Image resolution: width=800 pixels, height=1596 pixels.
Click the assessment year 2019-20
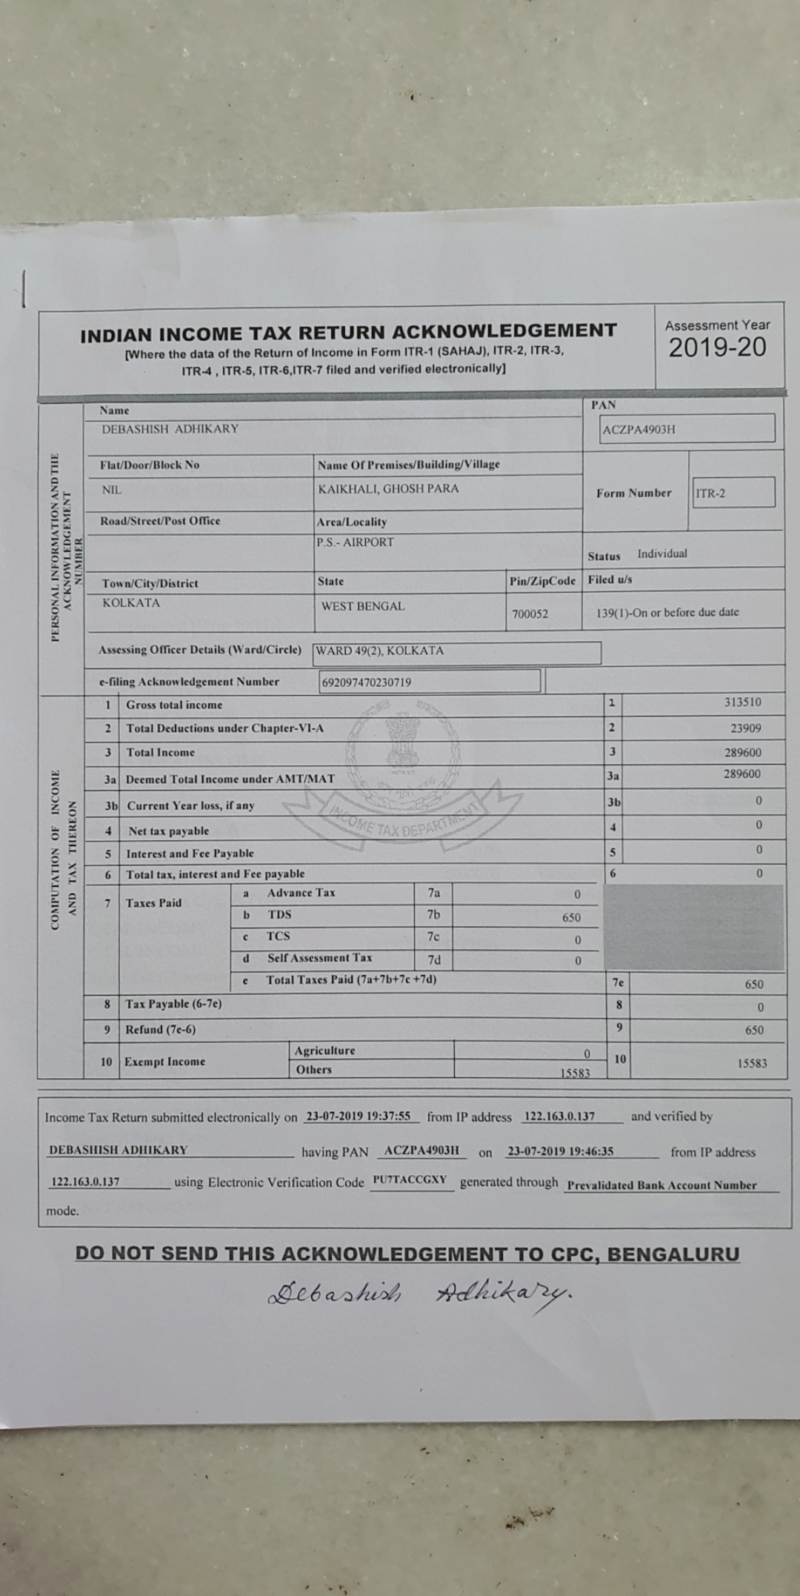point(717,348)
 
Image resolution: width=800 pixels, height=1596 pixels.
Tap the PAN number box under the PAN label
point(688,429)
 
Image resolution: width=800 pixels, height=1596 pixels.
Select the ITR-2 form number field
point(733,493)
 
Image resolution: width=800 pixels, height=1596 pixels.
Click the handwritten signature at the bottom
point(419,1293)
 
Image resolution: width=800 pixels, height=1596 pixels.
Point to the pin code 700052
point(530,614)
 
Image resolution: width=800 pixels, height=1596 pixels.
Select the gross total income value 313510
point(742,702)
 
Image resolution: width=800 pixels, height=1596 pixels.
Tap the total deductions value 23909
point(745,728)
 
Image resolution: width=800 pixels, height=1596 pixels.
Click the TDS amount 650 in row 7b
point(571,917)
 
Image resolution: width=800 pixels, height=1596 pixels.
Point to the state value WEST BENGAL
point(363,606)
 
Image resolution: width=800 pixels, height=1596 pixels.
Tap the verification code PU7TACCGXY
point(410,1180)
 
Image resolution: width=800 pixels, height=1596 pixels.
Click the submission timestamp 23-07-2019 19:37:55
point(358,1116)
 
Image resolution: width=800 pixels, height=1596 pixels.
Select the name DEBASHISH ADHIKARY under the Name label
point(170,429)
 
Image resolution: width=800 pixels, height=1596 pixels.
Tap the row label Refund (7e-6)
point(161,1029)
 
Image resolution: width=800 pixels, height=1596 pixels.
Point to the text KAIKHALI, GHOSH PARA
point(388,489)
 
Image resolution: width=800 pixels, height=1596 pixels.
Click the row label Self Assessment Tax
point(319,958)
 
